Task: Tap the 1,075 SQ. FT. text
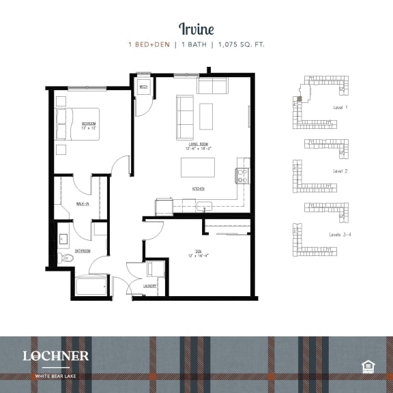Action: coord(240,45)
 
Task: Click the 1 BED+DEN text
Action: coord(151,45)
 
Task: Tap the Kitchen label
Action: coord(199,188)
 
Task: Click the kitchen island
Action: coord(197,168)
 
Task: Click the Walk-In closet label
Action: coord(83,203)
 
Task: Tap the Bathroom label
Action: coord(83,251)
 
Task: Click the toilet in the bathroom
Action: coord(62,258)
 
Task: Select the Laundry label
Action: coord(151,286)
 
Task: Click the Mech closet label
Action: coord(144,87)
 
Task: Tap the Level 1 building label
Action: coord(340,108)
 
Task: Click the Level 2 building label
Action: coord(340,171)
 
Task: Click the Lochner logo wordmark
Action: coord(55,355)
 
